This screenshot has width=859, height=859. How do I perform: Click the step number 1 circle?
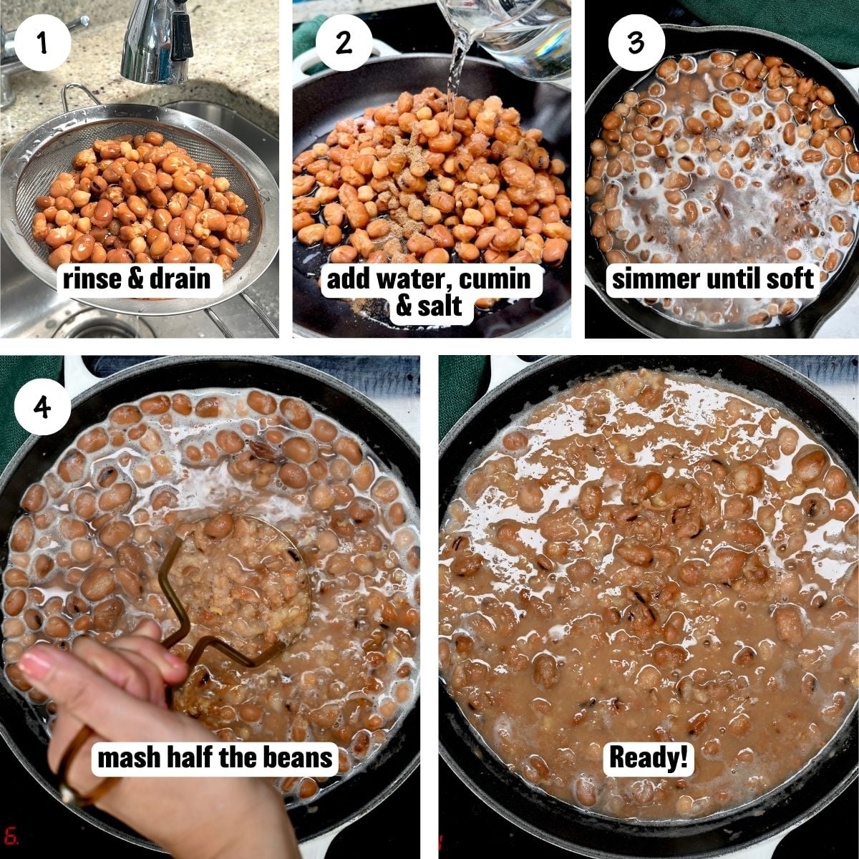42,42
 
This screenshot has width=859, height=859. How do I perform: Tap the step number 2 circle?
344,42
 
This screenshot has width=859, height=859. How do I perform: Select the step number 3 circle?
636,42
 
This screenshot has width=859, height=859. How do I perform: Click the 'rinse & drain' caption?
137,278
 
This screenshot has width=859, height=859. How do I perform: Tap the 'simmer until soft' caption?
713,278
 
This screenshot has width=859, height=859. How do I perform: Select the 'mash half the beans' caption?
215,757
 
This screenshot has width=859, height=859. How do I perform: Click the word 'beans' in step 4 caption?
298,757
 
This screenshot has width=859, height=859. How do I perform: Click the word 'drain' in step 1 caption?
179,278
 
